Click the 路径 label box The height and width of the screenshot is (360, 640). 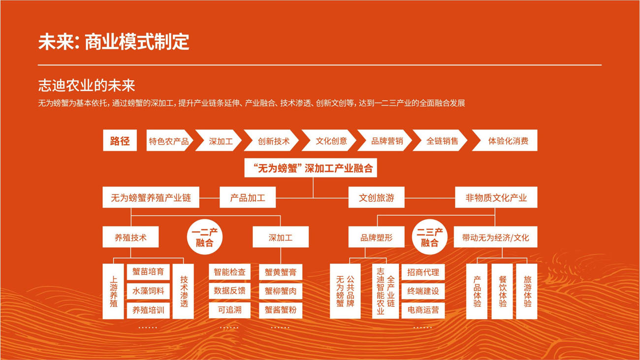120,141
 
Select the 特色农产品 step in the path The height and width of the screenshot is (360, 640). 168,141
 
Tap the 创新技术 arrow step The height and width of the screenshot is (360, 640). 273,141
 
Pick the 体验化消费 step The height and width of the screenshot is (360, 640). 508,141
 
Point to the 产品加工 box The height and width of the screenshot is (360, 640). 248,198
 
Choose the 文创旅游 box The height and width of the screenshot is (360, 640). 377,198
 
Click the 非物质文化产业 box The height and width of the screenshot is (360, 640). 496,198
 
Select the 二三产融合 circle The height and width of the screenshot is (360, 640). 429,237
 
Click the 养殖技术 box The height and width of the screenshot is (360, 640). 130,237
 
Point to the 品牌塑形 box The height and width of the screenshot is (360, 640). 377,237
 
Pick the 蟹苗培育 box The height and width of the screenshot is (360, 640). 148,272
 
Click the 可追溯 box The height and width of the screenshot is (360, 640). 229,310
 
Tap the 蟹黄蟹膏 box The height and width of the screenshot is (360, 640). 281,272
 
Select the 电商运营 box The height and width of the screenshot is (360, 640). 423,310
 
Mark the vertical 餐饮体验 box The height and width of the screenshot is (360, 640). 503,291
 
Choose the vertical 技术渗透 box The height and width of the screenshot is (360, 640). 184,291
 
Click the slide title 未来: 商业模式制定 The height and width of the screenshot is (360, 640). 114,42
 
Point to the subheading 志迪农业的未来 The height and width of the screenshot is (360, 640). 87,86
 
